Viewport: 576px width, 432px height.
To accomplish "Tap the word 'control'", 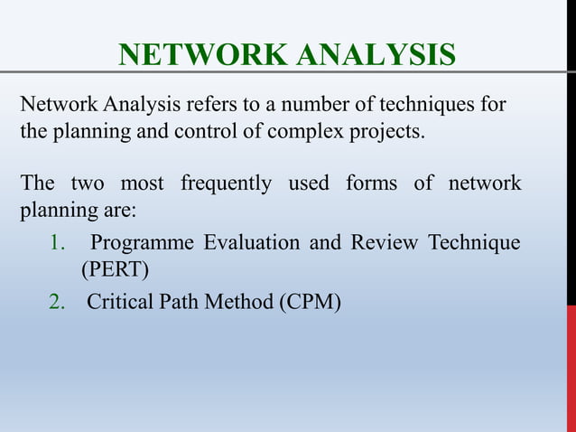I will point(207,132).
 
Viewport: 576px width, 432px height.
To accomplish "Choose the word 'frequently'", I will point(225,185).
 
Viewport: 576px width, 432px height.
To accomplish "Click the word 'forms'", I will point(371,185).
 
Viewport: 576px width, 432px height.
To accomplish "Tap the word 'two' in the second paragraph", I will point(87,185).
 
